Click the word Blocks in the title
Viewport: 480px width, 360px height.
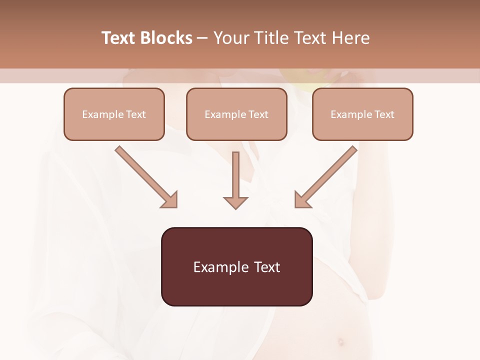[x=167, y=38]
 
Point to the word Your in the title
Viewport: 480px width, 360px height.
[x=230, y=38]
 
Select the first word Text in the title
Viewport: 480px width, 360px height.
[x=120, y=38]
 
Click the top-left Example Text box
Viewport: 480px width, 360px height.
[x=114, y=114]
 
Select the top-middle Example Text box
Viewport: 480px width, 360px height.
[x=236, y=114]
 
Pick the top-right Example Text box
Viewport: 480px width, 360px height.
[x=362, y=114]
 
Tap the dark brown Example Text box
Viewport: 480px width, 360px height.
[x=236, y=266]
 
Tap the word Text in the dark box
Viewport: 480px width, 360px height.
[x=267, y=267]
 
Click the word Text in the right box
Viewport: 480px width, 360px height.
[x=384, y=114]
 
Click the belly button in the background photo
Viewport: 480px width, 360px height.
[x=341, y=342]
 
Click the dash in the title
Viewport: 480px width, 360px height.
[x=202, y=38]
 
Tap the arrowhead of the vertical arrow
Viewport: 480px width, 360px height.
[x=235, y=202]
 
